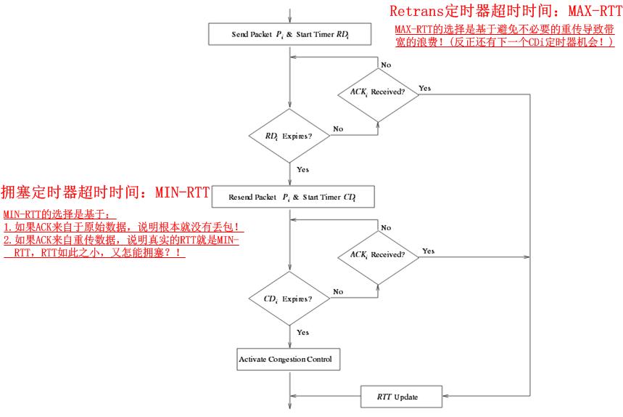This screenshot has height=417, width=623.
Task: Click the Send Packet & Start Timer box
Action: (x=290, y=34)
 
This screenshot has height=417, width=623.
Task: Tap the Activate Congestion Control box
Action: (x=289, y=359)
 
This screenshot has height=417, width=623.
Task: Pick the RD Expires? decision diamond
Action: (x=289, y=136)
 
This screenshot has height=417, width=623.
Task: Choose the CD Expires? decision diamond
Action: (x=289, y=299)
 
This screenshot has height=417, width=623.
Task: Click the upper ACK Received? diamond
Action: (x=377, y=92)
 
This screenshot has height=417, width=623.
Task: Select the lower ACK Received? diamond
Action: (x=377, y=255)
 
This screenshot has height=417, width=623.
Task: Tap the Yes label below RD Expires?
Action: (x=303, y=170)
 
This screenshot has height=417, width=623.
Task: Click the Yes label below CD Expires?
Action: (x=303, y=333)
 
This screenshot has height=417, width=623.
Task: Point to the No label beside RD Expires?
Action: (x=338, y=129)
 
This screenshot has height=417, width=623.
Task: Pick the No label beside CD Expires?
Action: (x=338, y=291)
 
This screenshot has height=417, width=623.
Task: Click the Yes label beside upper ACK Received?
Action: (x=425, y=88)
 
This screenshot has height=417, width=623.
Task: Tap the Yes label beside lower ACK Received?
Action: (x=428, y=251)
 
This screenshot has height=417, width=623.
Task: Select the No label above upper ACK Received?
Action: (x=386, y=65)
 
